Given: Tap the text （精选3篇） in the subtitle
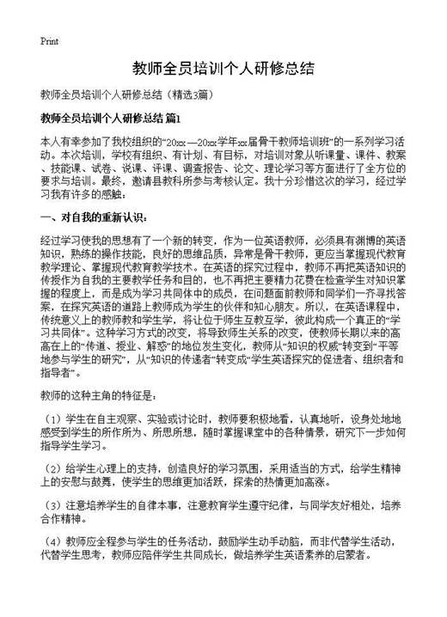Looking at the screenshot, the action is coord(205,93).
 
